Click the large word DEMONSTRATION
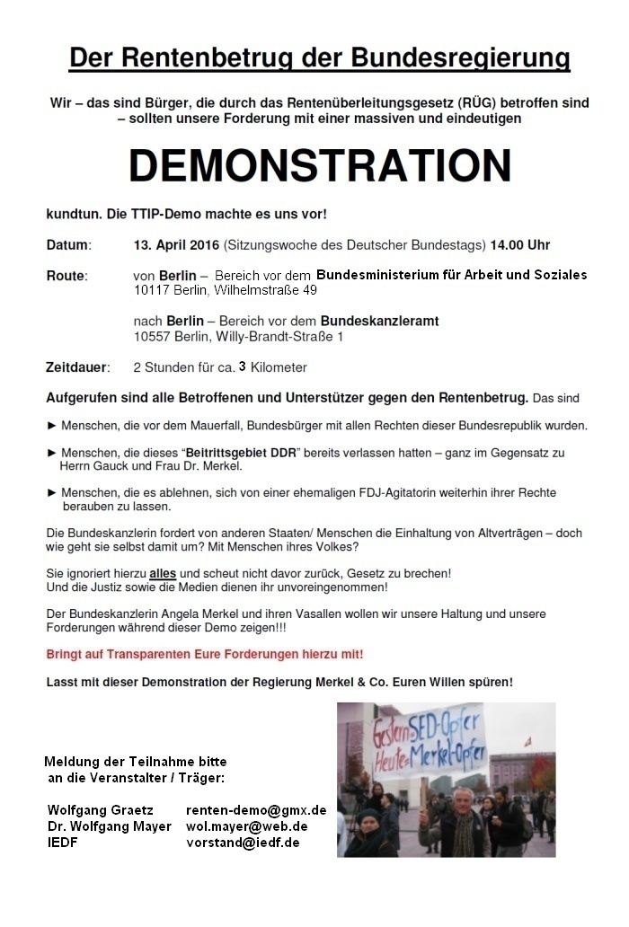pos(319,166)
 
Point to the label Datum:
pos(68,245)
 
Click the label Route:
pos(66,275)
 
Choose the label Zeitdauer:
pos(77,366)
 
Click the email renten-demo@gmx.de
pos(256,810)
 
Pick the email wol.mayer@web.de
pos(246,826)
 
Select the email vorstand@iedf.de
pos(243,843)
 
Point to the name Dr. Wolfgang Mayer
pos(109,826)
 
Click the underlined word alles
pos(162,572)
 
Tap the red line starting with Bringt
pos(205,654)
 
